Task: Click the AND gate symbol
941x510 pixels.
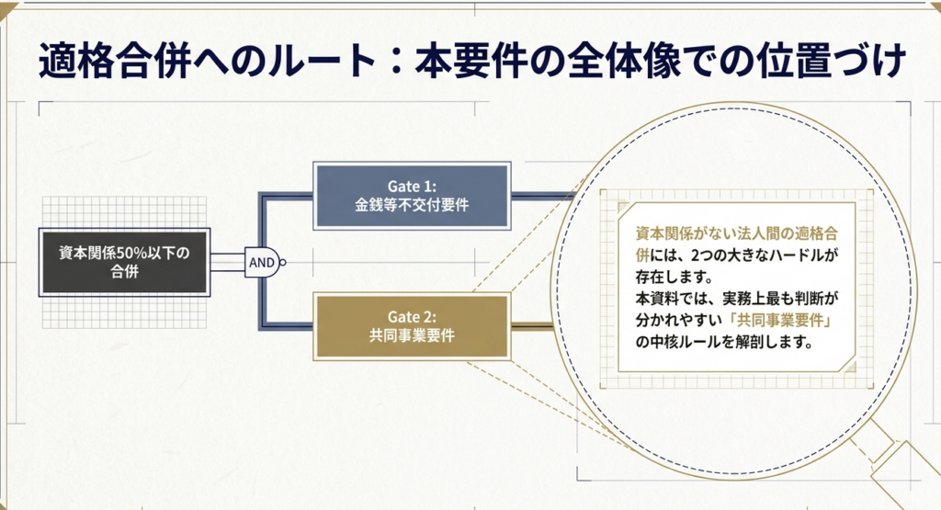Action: click(261, 262)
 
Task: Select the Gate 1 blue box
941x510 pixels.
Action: click(412, 196)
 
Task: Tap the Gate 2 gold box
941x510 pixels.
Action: click(412, 326)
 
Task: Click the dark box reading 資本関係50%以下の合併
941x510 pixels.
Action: click(124, 262)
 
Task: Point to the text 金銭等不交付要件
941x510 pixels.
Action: click(412, 206)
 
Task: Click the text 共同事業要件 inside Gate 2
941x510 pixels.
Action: click(412, 336)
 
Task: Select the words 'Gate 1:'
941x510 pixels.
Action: click(412, 186)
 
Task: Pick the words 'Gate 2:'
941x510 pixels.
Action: click(412, 316)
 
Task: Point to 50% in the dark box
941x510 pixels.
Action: click(137, 252)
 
